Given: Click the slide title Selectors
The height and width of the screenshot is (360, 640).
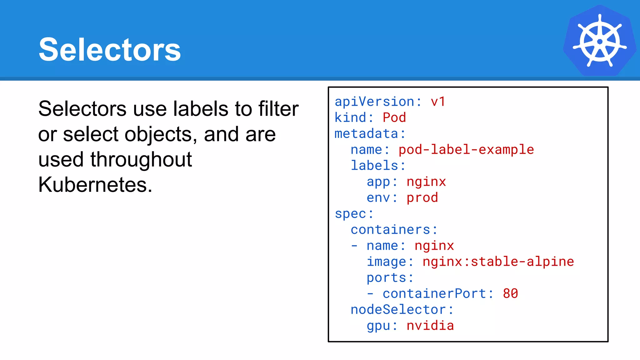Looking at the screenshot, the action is tap(110, 49).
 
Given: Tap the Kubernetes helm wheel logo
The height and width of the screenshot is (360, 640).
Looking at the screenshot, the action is tap(599, 41).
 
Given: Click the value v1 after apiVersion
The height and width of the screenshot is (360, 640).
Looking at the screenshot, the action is tap(438, 102).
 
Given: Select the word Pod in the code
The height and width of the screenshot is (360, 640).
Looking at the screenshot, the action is tap(394, 117).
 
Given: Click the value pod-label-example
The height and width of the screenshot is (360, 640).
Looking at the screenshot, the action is tap(466, 150).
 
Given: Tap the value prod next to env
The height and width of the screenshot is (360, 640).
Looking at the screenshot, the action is tap(422, 197).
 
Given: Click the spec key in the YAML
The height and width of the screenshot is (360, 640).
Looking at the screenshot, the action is tap(350, 214).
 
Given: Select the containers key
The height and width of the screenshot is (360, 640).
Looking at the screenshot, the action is tap(390, 230).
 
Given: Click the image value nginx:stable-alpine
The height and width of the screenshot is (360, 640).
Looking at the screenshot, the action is tap(498, 262).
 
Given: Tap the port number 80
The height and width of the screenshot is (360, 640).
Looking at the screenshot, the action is tap(510, 293).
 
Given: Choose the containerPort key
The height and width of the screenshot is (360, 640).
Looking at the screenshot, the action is tap(434, 293).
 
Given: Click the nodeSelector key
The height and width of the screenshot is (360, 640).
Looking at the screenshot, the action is tap(398, 310).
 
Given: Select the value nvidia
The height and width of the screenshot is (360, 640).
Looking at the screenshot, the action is tap(430, 326).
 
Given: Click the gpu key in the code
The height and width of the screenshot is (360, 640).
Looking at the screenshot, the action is tap(378, 326).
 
